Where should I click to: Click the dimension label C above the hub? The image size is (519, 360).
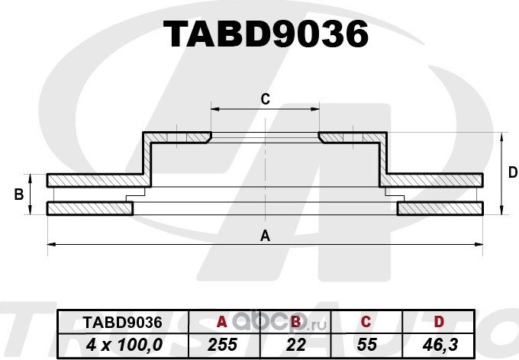point(265,98)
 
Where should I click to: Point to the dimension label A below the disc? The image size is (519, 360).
point(265,235)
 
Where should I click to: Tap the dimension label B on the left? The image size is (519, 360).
point(18,195)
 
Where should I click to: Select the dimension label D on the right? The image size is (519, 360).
point(512,173)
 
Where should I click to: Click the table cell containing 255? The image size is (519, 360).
point(223,345)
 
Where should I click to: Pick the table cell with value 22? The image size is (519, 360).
point(296,345)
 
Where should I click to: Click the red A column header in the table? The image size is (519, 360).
point(223,323)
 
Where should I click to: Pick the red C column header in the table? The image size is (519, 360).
point(366,323)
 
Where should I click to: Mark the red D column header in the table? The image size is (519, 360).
point(439,323)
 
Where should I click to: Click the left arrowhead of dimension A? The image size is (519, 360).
point(50,244)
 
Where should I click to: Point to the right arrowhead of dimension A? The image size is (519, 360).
point(481,244)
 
